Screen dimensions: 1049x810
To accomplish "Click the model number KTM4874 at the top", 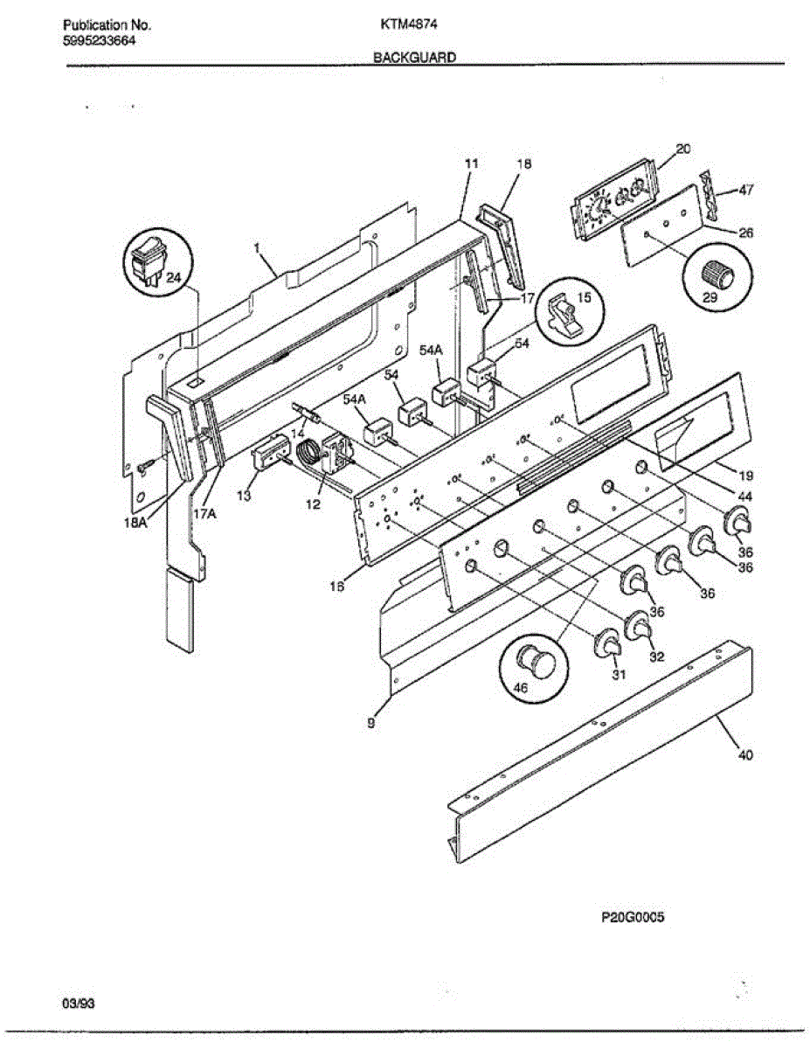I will click(x=402, y=25).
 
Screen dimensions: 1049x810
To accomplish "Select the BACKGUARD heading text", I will click(x=415, y=57).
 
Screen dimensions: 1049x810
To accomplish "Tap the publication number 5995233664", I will click(x=99, y=40).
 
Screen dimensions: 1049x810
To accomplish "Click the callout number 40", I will click(x=744, y=755).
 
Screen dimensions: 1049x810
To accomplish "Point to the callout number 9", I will click(x=371, y=723).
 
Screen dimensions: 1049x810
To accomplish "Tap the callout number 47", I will click(x=746, y=189).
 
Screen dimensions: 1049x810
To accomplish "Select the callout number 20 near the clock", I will click(x=683, y=149).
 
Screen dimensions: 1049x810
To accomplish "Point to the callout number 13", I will click(x=243, y=496).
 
